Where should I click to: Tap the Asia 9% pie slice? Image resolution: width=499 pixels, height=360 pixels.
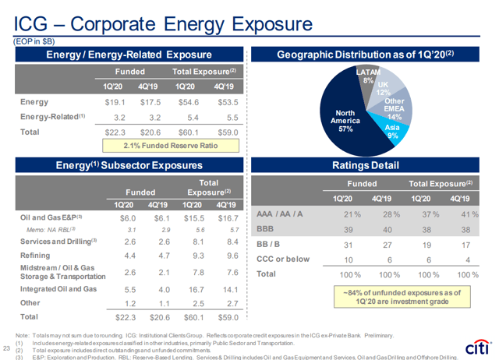pyautogui.click(x=392, y=131)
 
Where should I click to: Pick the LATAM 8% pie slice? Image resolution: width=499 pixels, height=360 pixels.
pyautogui.click(x=369, y=78)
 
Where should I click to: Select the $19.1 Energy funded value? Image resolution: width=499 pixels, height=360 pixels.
pyautogui.click(x=116, y=101)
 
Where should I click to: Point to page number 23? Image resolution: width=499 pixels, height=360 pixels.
pyautogui.click(x=7, y=348)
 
